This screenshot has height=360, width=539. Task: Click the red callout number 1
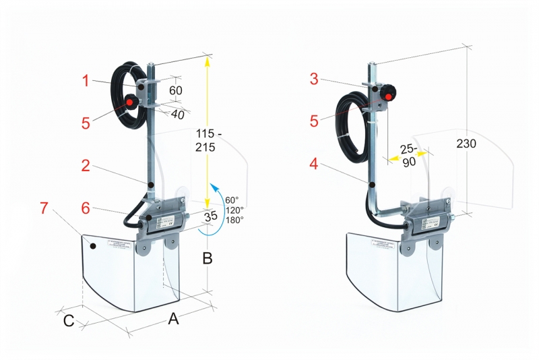(x=86, y=81)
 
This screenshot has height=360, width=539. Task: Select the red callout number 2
(x=86, y=166)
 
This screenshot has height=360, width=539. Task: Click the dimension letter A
(x=173, y=319)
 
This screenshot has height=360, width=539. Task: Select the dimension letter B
(x=208, y=257)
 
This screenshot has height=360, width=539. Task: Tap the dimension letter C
(x=69, y=320)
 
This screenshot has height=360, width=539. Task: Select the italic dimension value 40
(x=177, y=115)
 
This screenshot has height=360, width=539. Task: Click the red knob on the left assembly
(x=129, y=103)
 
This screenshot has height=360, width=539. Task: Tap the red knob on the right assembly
(x=387, y=96)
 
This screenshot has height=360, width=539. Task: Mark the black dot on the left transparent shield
(x=94, y=246)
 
